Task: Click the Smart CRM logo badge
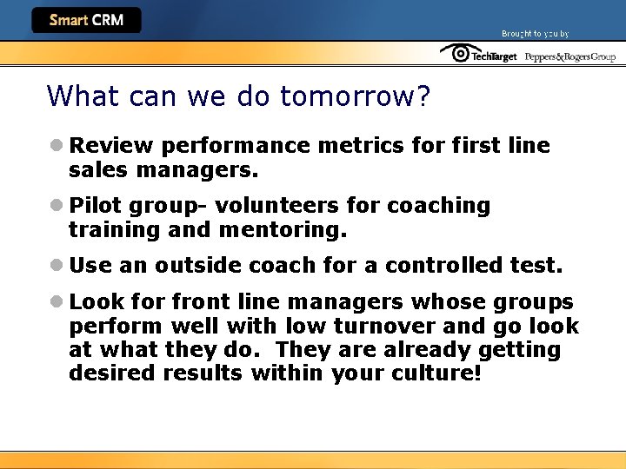86,20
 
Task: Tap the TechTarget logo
478,54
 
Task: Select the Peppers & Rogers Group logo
569,56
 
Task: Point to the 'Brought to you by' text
535,34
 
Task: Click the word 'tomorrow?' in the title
355,96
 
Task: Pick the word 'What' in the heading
77,96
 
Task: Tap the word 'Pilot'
96,206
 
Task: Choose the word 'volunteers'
277,206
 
